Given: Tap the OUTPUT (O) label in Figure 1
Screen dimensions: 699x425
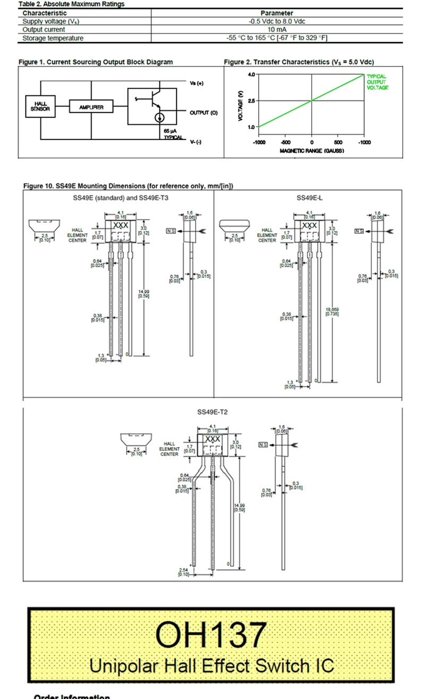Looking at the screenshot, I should pyautogui.click(x=203, y=113).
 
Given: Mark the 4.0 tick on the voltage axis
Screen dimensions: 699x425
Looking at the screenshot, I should pyautogui.click(x=251, y=74).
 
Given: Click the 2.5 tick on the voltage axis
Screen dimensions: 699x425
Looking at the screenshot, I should pyautogui.click(x=251, y=100).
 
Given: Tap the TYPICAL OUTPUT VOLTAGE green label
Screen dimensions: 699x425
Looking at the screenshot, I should pyautogui.click(x=377, y=82).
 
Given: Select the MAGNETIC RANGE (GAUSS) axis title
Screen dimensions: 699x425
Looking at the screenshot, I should pyautogui.click(x=312, y=150).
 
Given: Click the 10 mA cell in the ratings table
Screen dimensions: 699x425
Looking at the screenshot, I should pyautogui.click(x=277, y=30).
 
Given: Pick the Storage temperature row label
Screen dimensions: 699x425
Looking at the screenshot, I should pyautogui.click(x=53, y=38).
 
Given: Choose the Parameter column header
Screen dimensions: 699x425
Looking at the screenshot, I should pyautogui.click(x=277, y=13).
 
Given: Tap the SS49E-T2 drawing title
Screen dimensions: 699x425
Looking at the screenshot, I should pyautogui.click(x=212, y=412).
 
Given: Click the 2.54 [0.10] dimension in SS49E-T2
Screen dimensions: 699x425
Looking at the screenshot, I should pyautogui.click(x=184, y=572).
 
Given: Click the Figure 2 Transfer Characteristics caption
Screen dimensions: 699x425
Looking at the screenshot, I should pyautogui.click(x=299, y=62).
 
